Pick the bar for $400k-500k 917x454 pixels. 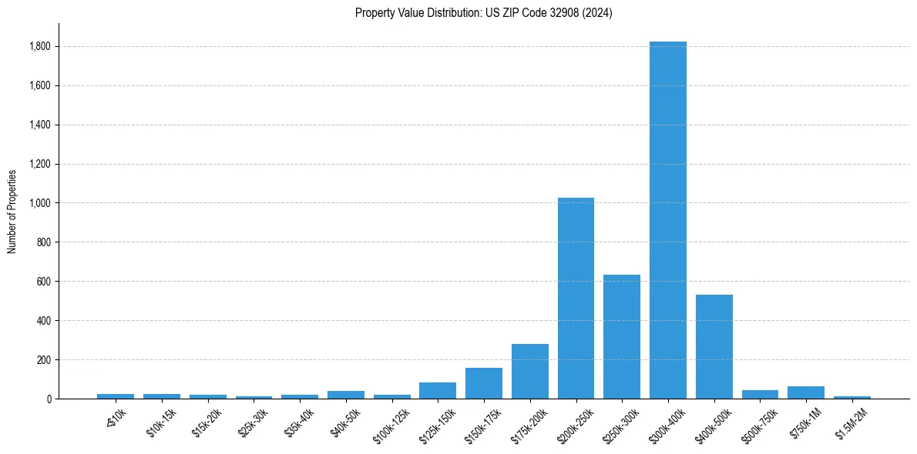coord(714,347)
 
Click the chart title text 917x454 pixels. coord(484,13)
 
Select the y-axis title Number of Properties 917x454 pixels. coord(12,212)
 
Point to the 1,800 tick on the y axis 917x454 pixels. coord(40,47)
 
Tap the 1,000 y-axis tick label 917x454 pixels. coord(40,203)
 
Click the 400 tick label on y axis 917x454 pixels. coord(44,321)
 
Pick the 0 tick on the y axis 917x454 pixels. coord(49,399)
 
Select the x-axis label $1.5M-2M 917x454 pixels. coord(850,424)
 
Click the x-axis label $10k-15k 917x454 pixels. coord(160,423)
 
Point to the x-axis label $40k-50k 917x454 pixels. coord(344,423)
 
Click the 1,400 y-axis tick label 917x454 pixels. coord(40,125)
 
